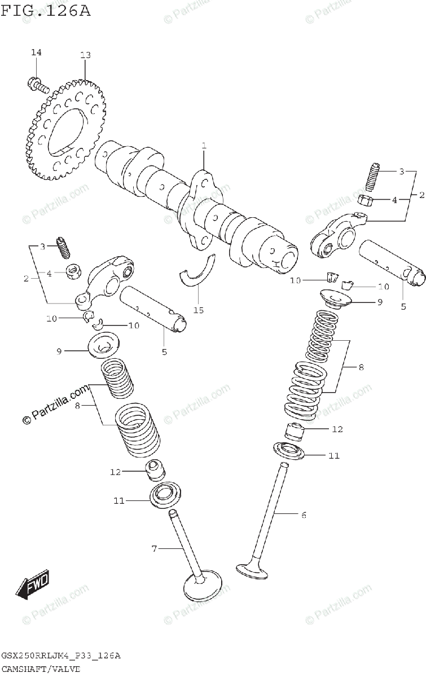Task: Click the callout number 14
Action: coord(36,52)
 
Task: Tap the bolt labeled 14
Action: coord(38,85)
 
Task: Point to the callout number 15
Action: coord(199,310)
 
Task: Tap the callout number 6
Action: coord(303,515)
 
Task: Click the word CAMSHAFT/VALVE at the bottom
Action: coord(41,669)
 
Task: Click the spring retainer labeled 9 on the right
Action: coord(337,300)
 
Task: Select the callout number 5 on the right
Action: coord(403,307)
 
